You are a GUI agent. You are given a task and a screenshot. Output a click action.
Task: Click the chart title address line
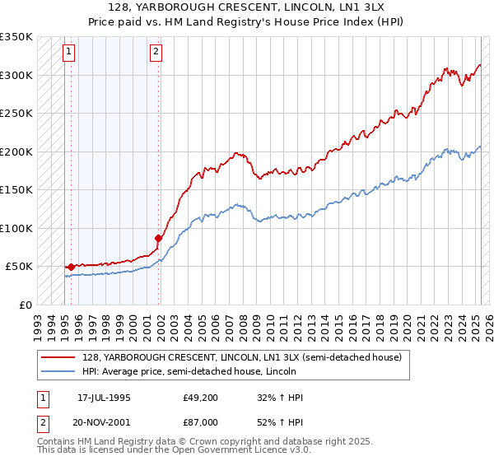tap(247, 7)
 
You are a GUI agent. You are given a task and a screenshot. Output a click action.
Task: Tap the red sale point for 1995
tap(72, 267)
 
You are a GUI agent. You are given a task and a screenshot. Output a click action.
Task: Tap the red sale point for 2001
tap(158, 238)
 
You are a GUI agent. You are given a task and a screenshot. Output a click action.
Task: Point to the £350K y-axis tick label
tap(16, 37)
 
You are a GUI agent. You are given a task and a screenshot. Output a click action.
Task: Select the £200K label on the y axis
tap(16, 151)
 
